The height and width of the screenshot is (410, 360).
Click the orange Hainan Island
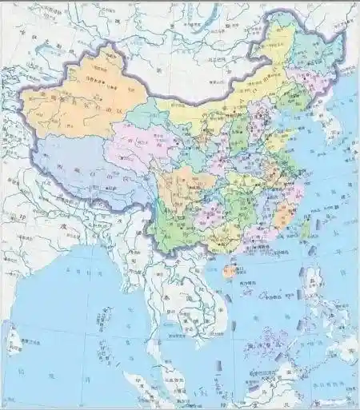click(229, 272)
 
